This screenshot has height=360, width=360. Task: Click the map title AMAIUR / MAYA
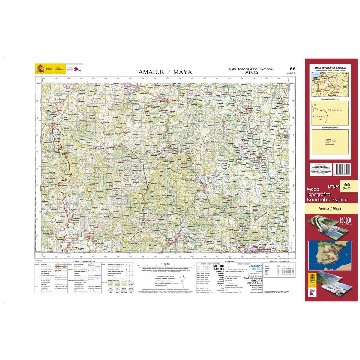pyautogui.click(x=165, y=72)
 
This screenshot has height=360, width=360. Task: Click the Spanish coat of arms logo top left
pyautogui.click(x=40, y=69)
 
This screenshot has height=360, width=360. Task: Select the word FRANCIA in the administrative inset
pyautogui.click(x=335, y=110)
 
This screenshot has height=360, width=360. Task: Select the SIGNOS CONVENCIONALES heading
pyautogui.click(x=82, y=262)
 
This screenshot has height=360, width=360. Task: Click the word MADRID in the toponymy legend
pyautogui.click(x=220, y=266)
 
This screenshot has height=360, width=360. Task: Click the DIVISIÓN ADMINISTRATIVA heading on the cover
pyautogui.click(x=330, y=99)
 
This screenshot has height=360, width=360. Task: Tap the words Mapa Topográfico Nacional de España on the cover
pyautogui.click(x=327, y=194)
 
